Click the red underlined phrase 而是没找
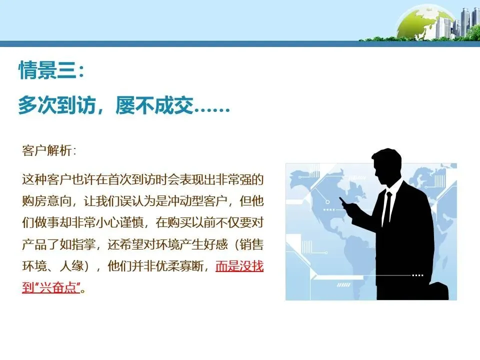coord(239,266)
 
